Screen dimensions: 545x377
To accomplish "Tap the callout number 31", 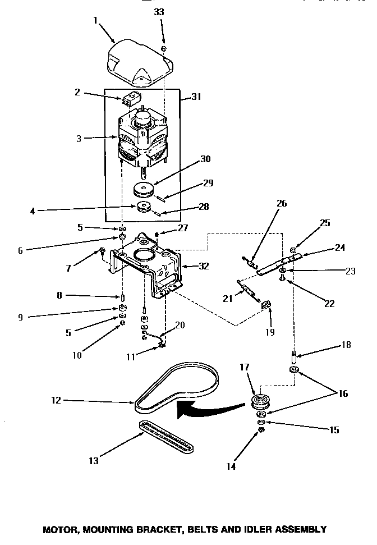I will [196, 97].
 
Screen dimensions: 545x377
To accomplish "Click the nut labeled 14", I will [261, 430].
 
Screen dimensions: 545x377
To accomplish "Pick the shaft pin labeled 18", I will [293, 356].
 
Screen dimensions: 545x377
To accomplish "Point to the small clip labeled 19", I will [268, 305].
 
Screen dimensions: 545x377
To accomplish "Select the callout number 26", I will [281, 203].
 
